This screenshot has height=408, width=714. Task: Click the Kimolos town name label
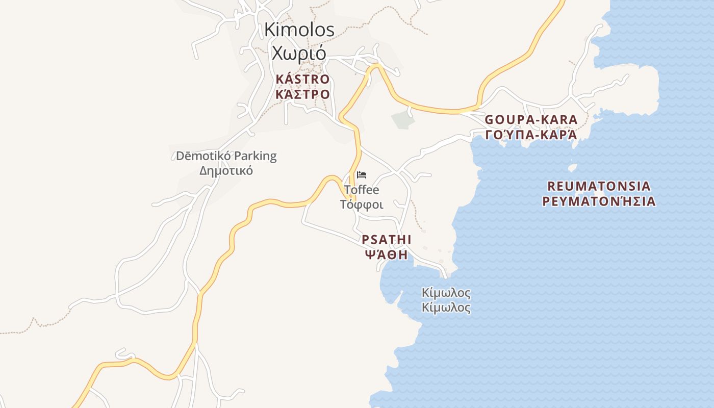299,30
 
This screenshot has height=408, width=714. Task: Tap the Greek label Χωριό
299,53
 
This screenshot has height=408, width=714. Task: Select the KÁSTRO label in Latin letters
302,80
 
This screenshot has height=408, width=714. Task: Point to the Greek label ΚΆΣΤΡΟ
302,94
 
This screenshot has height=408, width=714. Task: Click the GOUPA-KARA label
531,120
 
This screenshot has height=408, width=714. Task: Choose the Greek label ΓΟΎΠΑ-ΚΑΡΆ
531,135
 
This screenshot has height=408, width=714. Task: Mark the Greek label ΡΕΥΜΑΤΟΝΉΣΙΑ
599,201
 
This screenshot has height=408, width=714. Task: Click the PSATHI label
387,239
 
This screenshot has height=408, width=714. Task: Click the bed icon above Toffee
362,175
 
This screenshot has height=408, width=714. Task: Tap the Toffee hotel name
362,190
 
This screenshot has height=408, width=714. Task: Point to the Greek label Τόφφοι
362,205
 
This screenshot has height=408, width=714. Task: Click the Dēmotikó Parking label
226,156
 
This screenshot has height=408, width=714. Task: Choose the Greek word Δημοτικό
226,170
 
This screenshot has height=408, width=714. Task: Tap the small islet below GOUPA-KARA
572,167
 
